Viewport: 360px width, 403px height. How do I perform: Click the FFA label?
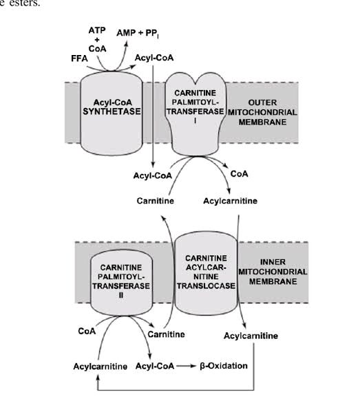(x=79, y=58)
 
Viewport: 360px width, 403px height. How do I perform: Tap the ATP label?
(x=97, y=30)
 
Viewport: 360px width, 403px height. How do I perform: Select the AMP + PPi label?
(x=138, y=33)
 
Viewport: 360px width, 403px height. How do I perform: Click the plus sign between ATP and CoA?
(x=97, y=40)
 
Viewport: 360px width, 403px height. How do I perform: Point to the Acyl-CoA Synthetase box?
(x=112, y=113)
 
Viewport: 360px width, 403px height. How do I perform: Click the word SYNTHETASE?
(x=112, y=111)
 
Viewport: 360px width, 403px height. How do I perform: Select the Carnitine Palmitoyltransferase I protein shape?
(x=195, y=114)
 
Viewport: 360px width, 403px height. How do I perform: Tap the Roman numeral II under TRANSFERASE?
(x=121, y=296)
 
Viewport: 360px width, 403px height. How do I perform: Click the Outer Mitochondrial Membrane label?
(x=262, y=112)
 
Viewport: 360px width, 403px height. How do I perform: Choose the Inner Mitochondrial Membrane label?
(x=273, y=272)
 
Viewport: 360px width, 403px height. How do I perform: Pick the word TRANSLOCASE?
(x=206, y=286)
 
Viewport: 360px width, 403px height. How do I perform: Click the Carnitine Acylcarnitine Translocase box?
(x=206, y=273)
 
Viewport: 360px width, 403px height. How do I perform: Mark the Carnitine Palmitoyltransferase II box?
(x=121, y=283)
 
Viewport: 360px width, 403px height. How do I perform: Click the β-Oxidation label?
(x=224, y=366)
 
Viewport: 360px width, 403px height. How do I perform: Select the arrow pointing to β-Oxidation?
(x=187, y=366)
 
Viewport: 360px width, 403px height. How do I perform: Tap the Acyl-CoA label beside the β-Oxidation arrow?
(x=155, y=366)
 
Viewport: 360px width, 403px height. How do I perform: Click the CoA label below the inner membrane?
(x=87, y=331)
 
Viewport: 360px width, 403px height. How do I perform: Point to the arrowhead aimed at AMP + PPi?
(x=126, y=44)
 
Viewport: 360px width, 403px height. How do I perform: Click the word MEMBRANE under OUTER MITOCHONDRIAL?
(x=262, y=122)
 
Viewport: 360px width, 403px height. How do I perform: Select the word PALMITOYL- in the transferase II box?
(x=121, y=277)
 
